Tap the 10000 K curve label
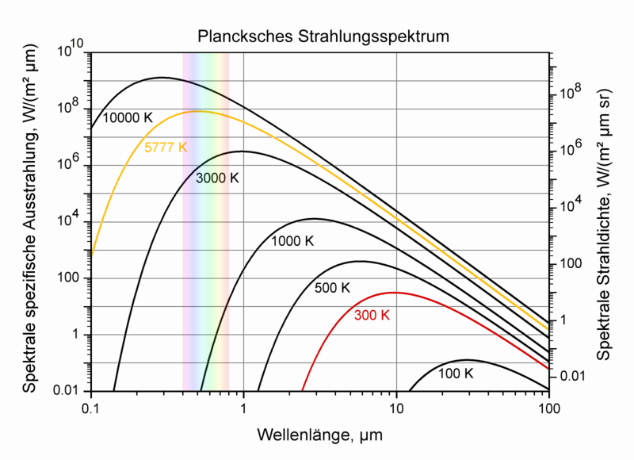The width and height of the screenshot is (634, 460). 128,117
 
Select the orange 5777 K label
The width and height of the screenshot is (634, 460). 166,148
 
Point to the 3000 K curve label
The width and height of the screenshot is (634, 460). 217,178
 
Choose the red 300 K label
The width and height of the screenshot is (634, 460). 372,315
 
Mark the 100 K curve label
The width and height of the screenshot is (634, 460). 455,373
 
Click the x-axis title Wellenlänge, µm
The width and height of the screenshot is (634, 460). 320,435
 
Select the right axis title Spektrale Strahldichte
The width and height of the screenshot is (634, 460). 604,222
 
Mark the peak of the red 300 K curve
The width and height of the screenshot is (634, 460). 393,293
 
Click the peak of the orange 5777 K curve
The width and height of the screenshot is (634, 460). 198,111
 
